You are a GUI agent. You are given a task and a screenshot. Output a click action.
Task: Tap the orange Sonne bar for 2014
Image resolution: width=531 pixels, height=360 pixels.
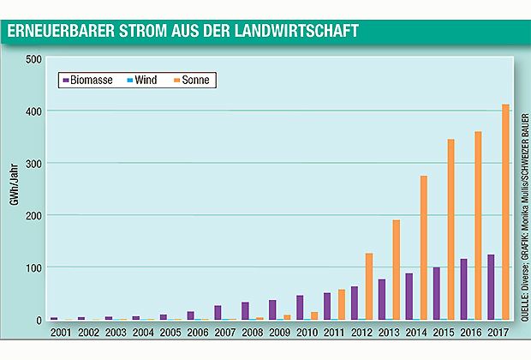pos(423,248)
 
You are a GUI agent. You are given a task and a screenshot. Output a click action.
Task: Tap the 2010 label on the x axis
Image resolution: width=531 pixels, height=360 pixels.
pos(307,332)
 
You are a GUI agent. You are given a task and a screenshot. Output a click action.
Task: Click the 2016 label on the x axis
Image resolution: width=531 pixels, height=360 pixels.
pos(470,332)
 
